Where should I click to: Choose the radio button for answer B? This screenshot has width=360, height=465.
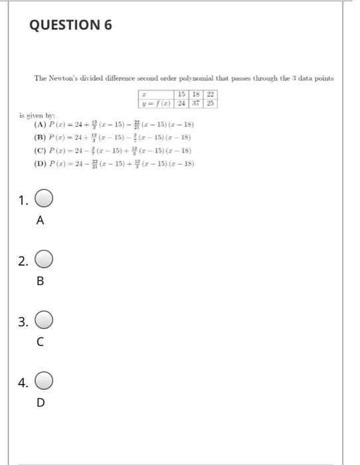[44, 260]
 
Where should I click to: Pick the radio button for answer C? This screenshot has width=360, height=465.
[44, 322]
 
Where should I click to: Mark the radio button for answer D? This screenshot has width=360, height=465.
[44, 382]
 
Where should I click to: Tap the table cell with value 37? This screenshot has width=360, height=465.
[197, 104]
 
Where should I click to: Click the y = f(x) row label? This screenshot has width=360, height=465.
[155, 104]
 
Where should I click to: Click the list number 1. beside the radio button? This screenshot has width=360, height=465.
[23, 200]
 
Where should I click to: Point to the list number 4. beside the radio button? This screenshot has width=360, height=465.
[23, 382]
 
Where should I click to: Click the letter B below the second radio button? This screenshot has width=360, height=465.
[40, 281]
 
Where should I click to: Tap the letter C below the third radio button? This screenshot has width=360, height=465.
[40, 342]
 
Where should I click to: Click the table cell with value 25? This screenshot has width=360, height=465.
[211, 104]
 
